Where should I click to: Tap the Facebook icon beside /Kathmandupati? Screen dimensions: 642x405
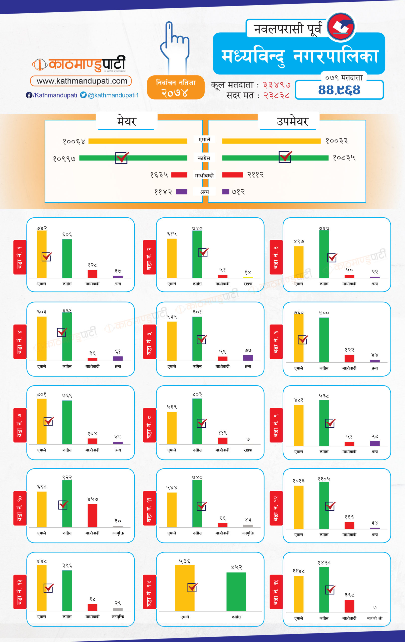click(29, 95)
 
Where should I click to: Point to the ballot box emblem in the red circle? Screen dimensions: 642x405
click(341, 27)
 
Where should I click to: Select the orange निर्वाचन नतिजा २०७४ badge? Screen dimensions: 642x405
click(176, 88)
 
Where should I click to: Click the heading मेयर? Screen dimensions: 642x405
click(126, 121)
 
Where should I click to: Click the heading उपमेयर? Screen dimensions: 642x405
click(292, 121)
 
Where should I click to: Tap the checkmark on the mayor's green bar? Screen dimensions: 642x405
click(122, 157)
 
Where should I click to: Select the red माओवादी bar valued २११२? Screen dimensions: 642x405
click(232, 175)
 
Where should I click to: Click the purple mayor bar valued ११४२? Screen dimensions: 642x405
click(182, 192)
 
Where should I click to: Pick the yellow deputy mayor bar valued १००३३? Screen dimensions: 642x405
click(271, 141)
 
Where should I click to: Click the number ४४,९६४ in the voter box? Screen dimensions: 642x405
click(339, 90)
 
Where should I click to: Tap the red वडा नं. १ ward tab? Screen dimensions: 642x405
click(20, 257)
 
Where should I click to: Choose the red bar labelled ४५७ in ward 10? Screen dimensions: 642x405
click(92, 515)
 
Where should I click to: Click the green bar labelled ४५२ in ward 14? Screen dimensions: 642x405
click(236, 592)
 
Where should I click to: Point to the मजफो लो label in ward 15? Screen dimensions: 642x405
click(375, 618)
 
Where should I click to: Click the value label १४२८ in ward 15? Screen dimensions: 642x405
click(324, 563)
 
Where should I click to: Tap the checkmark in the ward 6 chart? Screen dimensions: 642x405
click(303, 340)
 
